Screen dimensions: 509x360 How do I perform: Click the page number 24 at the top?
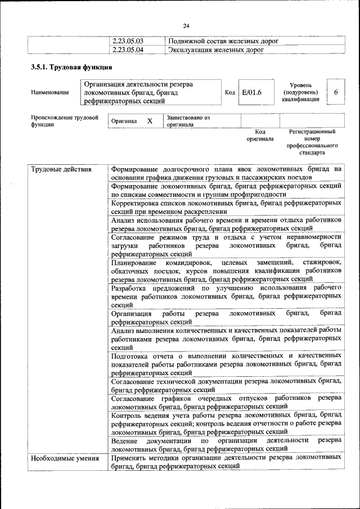[x=186, y=25]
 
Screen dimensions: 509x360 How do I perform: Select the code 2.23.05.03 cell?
[x=128, y=41]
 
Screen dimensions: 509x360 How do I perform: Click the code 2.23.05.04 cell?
[x=128, y=49]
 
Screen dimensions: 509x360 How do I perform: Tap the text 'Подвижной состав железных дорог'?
[x=223, y=41]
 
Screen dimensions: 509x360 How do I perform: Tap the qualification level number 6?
[x=336, y=92]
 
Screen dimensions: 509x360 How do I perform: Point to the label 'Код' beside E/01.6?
[x=229, y=92]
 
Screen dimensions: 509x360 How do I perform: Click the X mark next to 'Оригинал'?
[x=150, y=121]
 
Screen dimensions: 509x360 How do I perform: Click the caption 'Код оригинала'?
[x=260, y=135]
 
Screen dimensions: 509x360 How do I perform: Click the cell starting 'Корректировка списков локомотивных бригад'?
[x=226, y=206]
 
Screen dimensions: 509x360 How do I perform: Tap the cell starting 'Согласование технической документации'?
[x=226, y=385]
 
